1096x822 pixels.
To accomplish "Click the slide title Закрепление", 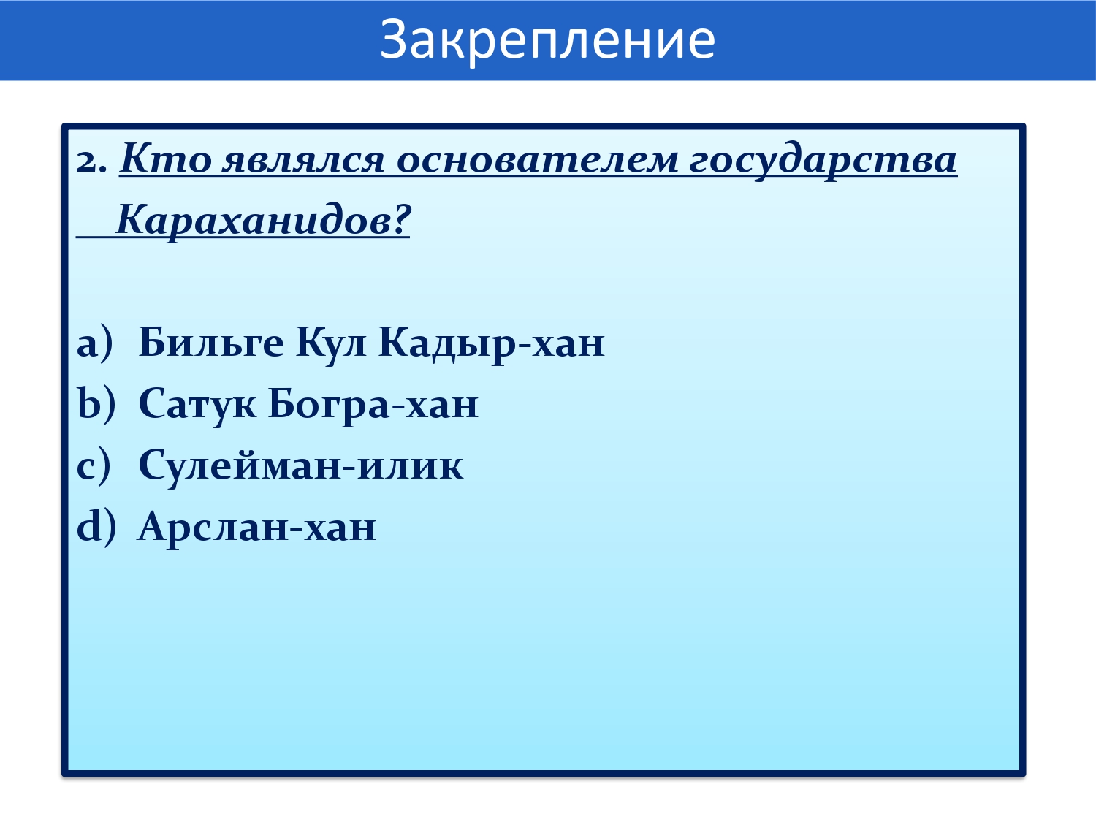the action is point(548,41).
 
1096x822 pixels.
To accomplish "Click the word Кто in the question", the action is point(166,159).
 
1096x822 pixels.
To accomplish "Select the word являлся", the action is point(303,161).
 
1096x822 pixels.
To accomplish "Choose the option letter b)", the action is point(96,403).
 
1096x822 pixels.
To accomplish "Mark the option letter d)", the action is point(96,527).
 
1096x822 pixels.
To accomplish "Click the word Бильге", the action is point(211,343).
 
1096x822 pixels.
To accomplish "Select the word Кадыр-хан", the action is point(492,344).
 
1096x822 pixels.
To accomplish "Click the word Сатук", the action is point(197,406).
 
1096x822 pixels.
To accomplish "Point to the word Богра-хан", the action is point(373,406).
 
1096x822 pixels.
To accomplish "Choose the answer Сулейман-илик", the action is point(300,466).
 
